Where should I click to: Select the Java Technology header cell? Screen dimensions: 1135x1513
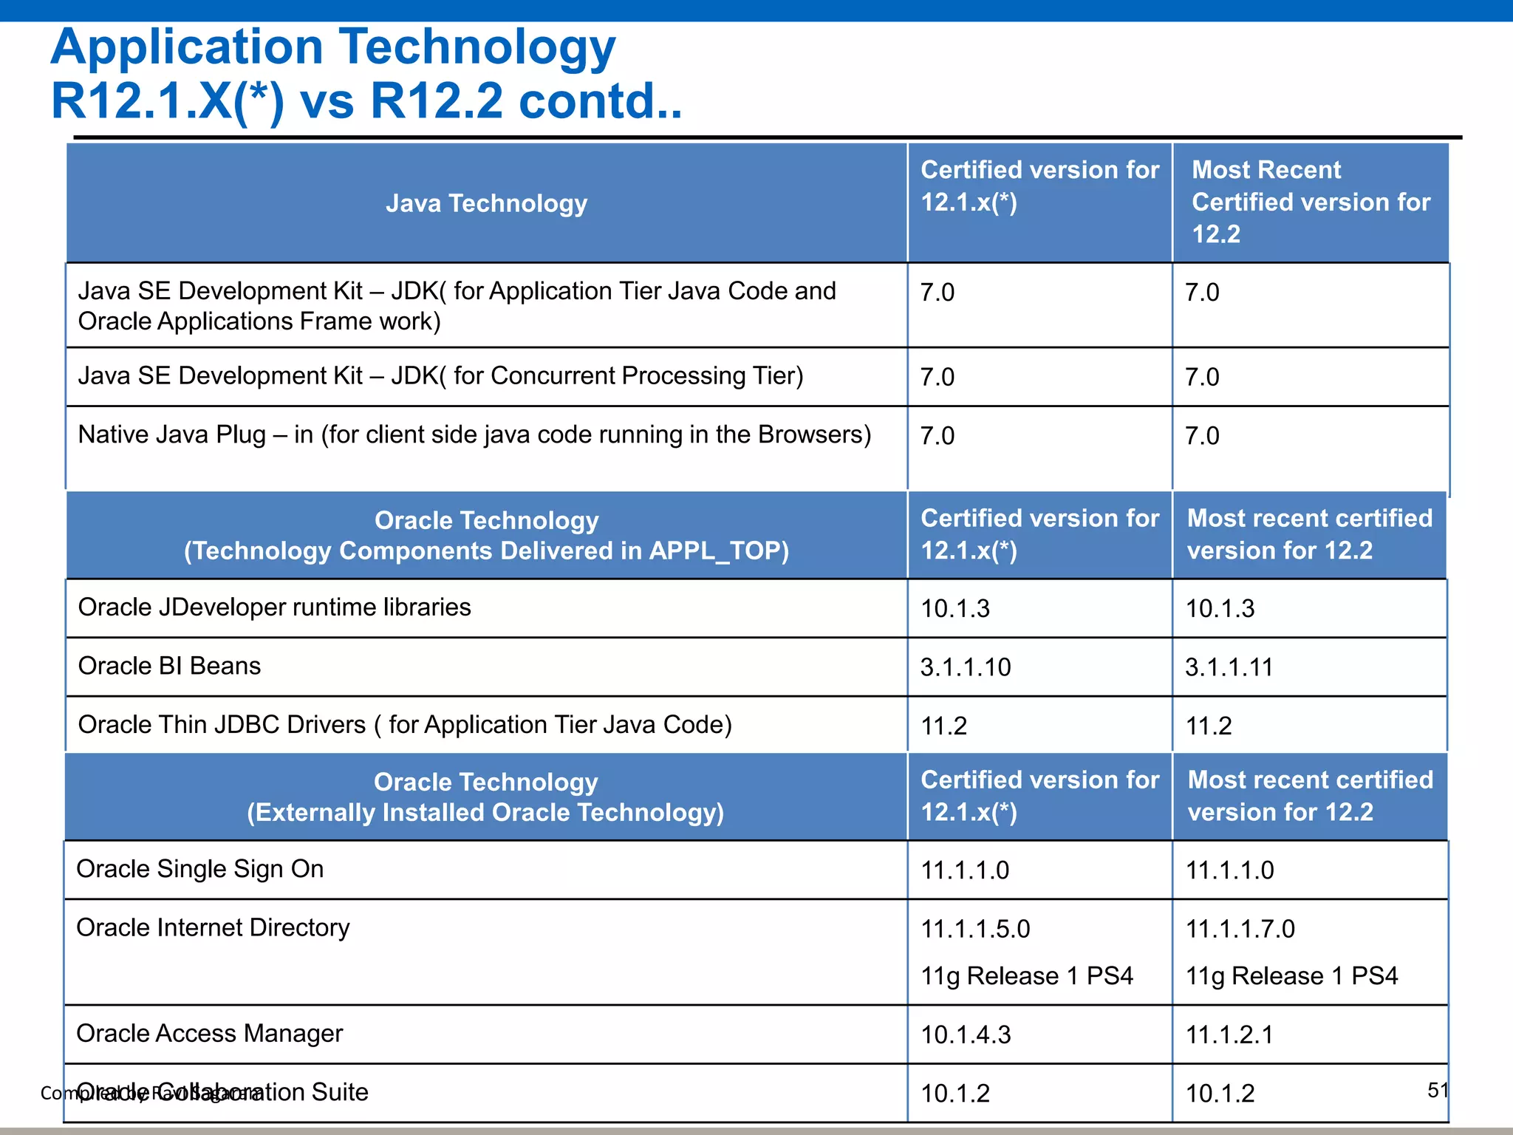click(486, 203)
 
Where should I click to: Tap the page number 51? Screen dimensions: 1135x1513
click(1438, 1090)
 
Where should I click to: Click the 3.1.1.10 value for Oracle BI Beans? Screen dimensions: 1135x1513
click(965, 667)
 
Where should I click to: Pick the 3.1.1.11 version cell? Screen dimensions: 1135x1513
click(1229, 667)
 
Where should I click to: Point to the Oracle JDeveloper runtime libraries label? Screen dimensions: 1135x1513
click(274, 607)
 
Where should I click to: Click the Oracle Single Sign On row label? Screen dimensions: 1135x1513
click(199, 869)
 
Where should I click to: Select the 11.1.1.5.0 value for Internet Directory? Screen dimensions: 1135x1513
click(975, 929)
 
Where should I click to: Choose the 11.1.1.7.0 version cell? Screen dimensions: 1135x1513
click(1240, 929)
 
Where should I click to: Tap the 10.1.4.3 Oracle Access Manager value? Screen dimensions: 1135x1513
click(965, 1035)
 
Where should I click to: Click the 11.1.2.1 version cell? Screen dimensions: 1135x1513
click(1229, 1035)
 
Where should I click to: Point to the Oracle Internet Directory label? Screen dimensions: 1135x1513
click(213, 927)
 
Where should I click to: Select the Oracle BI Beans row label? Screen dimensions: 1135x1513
click(169, 666)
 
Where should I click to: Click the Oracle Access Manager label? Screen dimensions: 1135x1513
click(209, 1033)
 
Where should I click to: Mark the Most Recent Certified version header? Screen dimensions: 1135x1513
click(1311, 202)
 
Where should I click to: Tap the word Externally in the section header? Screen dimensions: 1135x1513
click(313, 813)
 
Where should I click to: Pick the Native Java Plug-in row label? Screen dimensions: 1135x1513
click(474, 434)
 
